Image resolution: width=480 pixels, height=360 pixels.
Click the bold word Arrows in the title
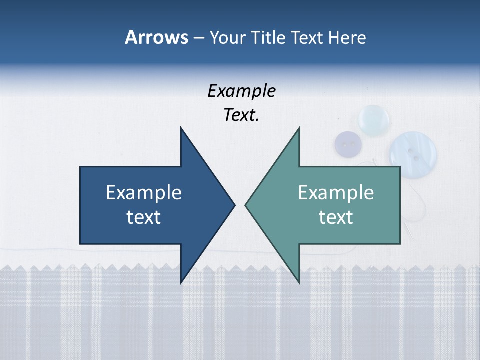[x=156, y=37]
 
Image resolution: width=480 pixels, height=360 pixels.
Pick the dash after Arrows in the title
[x=198, y=38]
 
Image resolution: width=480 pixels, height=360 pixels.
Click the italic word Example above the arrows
[x=241, y=91]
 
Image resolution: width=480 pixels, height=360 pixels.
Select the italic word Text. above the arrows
[x=241, y=115]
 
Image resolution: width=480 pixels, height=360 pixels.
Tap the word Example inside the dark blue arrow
[x=143, y=192]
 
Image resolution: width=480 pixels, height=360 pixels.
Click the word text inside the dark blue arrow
[x=143, y=217]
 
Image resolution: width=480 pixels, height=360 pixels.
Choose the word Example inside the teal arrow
[x=336, y=192]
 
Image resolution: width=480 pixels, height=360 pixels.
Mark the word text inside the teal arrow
[x=336, y=217]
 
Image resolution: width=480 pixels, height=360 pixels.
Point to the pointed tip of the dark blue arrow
[x=234, y=205]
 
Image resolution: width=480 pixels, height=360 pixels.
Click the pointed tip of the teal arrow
[x=246, y=205]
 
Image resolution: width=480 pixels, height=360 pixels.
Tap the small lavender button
[x=348, y=145]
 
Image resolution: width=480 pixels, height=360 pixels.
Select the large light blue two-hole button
[x=413, y=150]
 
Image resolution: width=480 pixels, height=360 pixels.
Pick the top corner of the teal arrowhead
[x=299, y=128]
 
